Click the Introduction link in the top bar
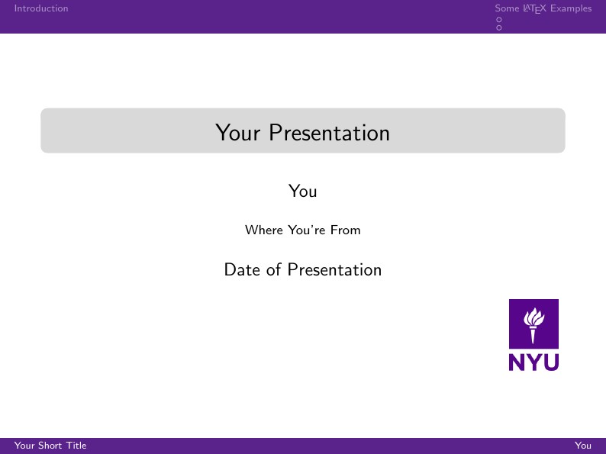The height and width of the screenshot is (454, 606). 41,8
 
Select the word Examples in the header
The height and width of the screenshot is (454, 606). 571,8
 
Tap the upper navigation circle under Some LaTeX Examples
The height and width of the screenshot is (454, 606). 499,19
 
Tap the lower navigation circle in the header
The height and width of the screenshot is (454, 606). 499,27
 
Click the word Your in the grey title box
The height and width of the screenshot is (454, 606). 234,133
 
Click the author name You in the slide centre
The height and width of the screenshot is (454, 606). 303,191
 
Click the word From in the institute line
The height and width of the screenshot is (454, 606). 346,230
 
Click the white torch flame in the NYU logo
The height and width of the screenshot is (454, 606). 534,316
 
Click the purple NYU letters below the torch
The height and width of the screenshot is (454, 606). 533,362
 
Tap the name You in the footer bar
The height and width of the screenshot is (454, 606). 583,446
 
